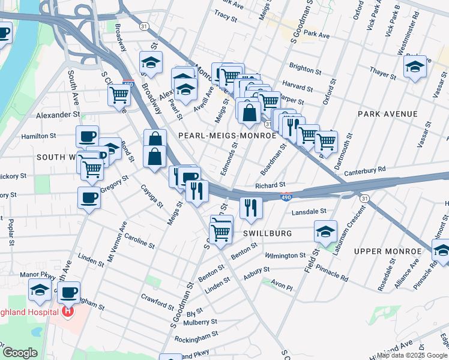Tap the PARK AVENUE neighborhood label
pos(387,113)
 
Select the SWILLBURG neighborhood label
pos(268,233)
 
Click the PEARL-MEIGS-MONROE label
pos(227,136)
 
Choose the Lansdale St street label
pos(309,212)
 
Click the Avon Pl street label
pos(281,287)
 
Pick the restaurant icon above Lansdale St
pos(250,207)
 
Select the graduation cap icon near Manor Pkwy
pos(40,290)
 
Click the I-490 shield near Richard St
pos(286,196)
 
